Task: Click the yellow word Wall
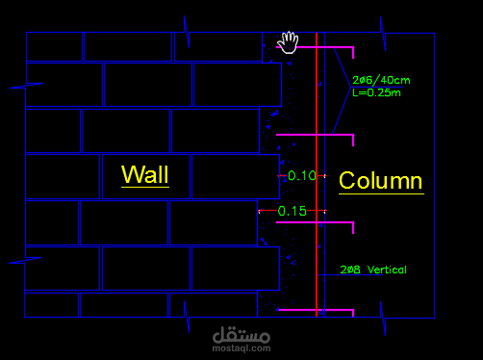pyautogui.click(x=145, y=174)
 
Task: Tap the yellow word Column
pyautogui.click(x=381, y=180)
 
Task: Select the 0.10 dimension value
pyautogui.click(x=302, y=175)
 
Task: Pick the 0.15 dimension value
pyautogui.click(x=292, y=211)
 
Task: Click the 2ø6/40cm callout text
pyautogui.click(x=381, y=80)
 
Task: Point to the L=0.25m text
pyautogui.click(x=376, y=92)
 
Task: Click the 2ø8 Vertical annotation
pyautogui.click(x=373, y=270)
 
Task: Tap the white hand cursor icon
pyautogui.click(x=288, y=42)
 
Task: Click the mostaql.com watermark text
pyautogui.click(x=241, y=348)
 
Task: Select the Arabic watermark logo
pyautogui.click(x=241, y=335)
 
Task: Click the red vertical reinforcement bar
pyautogui.click(x=317, y=174)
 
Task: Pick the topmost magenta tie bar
pyautogui.click(x=315, y=47)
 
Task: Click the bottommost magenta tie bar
pyautogui.click(x=316, y=310)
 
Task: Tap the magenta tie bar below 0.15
pyautogui.click(x=315, y=222)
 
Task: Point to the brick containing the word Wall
pyautogui.click(x=146, y=177)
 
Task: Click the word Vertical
pyautogui.click(x=387, y=270)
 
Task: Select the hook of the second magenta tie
pyautogui.click(x=353, y=141)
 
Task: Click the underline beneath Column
pyautogui.click(x=381, y=193)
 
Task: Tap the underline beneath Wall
pyautogui.click(x=145, y=187)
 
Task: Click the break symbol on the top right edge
pyautogui.click(x=383, y=34)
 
